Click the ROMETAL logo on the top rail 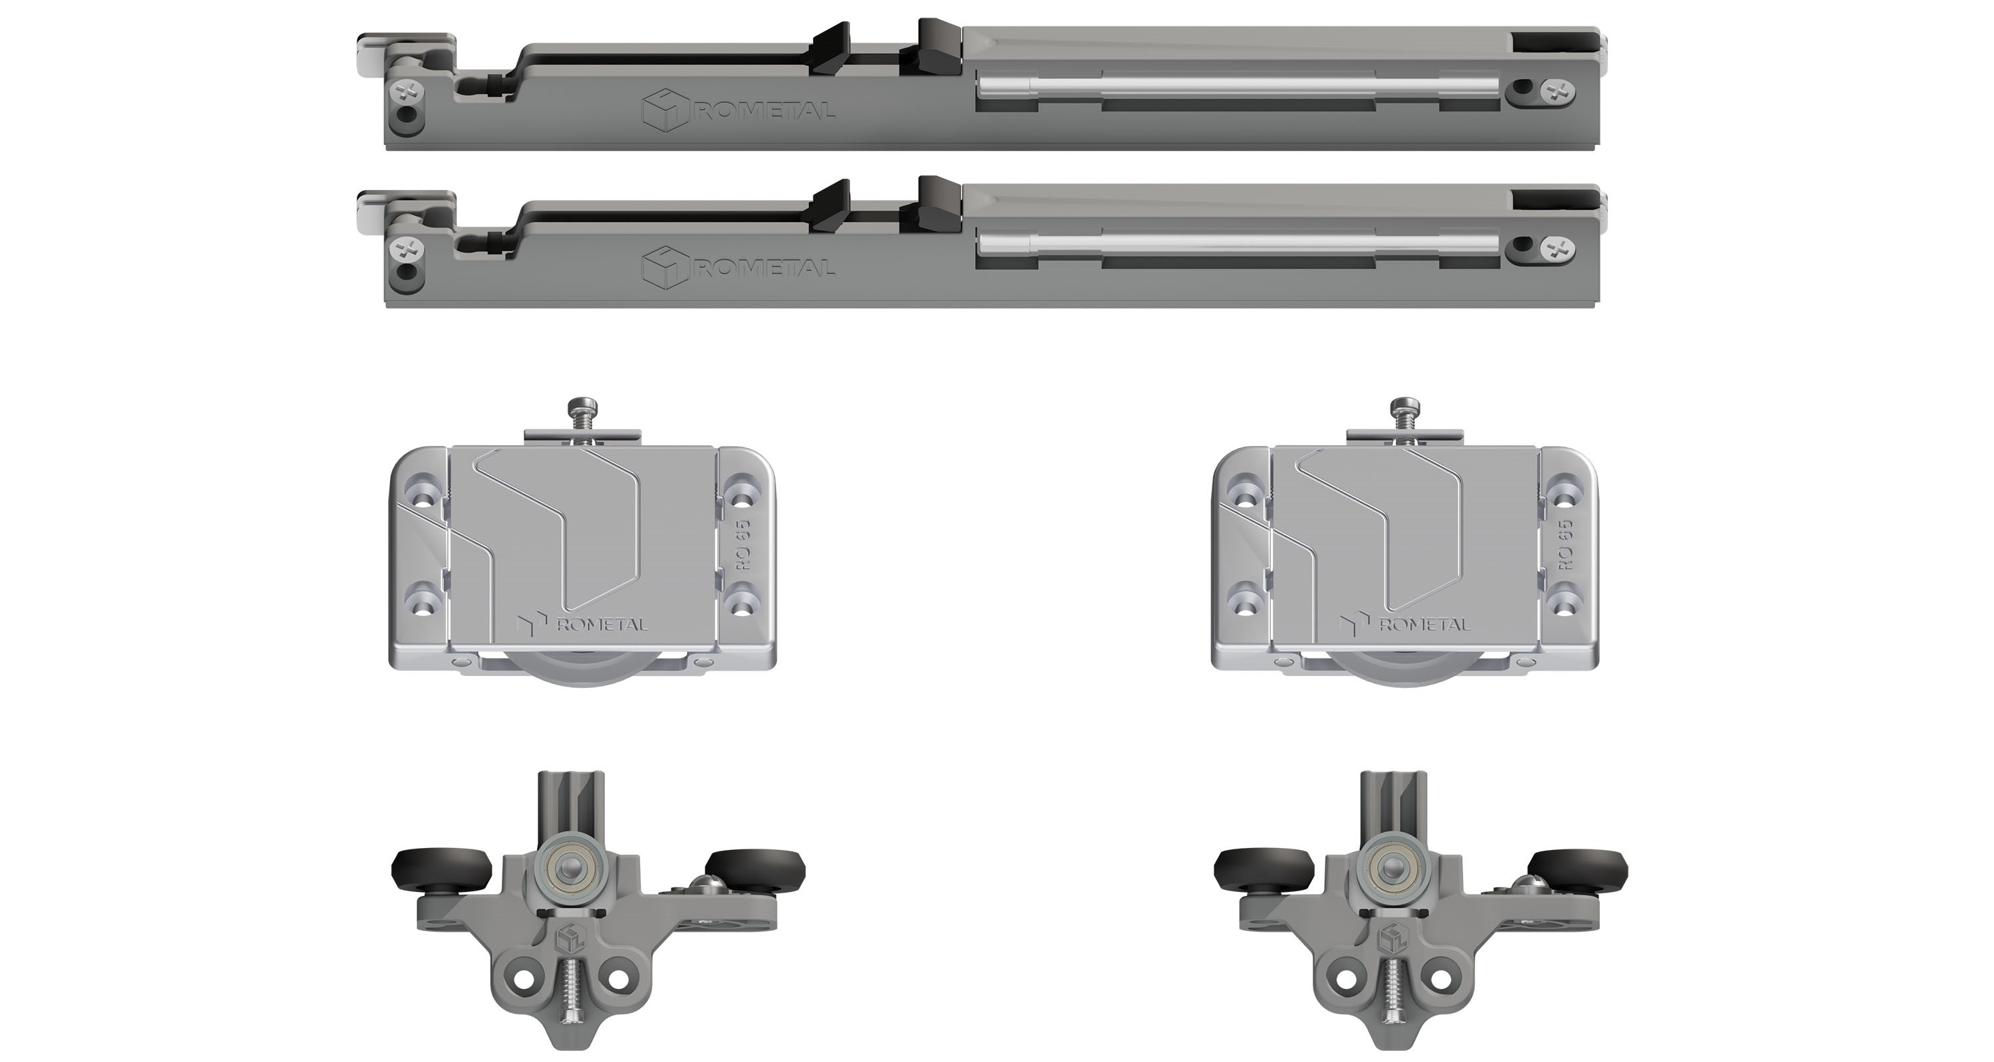point(738,112)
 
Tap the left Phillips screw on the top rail point(409,95)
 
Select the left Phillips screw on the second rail point(409,250)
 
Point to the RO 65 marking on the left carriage point(743,544)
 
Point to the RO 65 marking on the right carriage point(1565,544)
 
